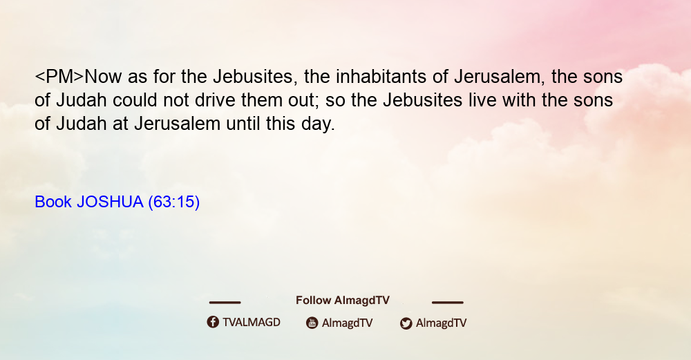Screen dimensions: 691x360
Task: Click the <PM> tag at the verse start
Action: tap(59, 77)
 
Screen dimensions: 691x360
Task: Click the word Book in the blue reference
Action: tap(53, 202)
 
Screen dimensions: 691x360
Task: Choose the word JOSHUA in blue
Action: tap(110, 202)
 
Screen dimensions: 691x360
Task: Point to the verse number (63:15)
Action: tap(173, 202)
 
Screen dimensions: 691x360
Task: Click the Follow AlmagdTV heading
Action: tap(343, 301)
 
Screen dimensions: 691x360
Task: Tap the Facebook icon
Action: tap(213, 322)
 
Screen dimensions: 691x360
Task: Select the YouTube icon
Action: tap(312, 323)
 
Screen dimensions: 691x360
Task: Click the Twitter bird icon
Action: tap(406, 323)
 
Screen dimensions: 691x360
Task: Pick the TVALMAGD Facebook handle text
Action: tap(252, 323)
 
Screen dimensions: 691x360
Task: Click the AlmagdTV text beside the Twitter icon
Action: tap(441, 323)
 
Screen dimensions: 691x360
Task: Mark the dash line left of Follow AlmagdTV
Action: tap(225, 303)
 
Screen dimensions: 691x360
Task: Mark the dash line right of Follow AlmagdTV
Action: tap(448, 303)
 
